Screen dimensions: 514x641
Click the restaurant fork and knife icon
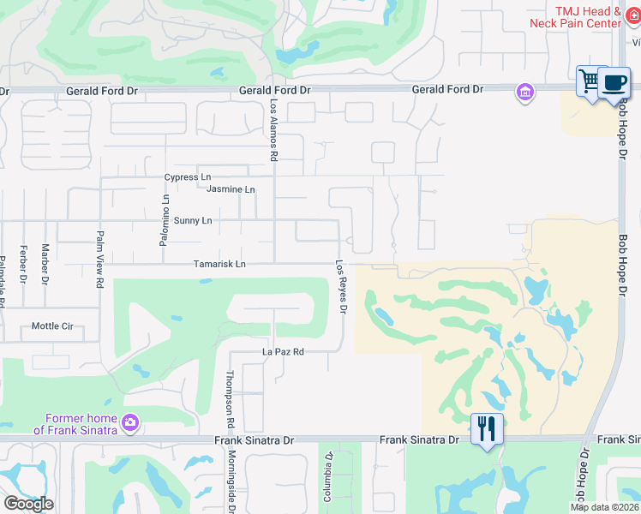(x=487, y=427)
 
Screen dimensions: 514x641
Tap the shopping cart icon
(x=590, y=81)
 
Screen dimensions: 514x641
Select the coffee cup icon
(x=614, y=82)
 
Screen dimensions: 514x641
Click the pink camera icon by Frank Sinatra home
(x=130, y=421)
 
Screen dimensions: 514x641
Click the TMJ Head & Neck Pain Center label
(x=587, y=17)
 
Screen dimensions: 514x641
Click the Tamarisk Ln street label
(x=219, y=265)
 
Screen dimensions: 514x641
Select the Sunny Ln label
(x=193, y=221)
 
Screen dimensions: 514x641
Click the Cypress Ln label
(x=188, y=177)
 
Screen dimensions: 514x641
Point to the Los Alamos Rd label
(x=274, y=129)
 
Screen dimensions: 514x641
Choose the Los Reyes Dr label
(x=340, y=286)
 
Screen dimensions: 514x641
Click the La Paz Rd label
(x=284, y=352)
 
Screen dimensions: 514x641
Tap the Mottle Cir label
(x=52, y=326)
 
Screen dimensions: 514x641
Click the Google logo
(x=28, y=504)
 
